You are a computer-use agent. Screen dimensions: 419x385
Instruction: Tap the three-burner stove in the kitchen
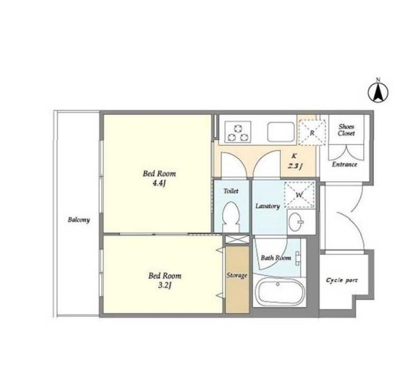click(x=238, y=131)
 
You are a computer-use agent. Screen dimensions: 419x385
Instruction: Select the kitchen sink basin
click(x=281, y=131)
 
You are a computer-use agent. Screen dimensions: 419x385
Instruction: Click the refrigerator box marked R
click(x=312, y=133)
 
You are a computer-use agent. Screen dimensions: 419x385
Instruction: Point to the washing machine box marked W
click(x=299, y=194)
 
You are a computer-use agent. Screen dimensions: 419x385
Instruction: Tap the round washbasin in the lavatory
click(x=297, y=222)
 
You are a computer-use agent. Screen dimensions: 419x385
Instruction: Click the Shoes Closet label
click(x=346, y=130)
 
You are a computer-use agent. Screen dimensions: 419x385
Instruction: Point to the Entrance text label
click(x=345, y=165)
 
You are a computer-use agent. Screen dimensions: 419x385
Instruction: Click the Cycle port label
click(x=341, y=280)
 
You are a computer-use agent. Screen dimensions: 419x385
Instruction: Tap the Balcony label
click(x=78, y=220)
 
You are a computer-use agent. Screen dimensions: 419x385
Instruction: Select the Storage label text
click(x=237, y=275)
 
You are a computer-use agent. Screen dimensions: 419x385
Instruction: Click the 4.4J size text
click(x=159, y=184)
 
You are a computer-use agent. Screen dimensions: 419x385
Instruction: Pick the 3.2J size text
click(x=165, y=285)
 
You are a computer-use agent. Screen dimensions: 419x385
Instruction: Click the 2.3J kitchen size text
click(x=295, y=166)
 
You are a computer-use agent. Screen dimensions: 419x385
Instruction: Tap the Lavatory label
click(x=268, y=206)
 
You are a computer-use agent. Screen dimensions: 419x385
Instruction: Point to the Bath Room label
click(x=276, y=258)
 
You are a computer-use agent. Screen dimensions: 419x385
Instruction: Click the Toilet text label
click(x=231, y=191)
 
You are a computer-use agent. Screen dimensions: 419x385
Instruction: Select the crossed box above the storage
click(x=237, y=240)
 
